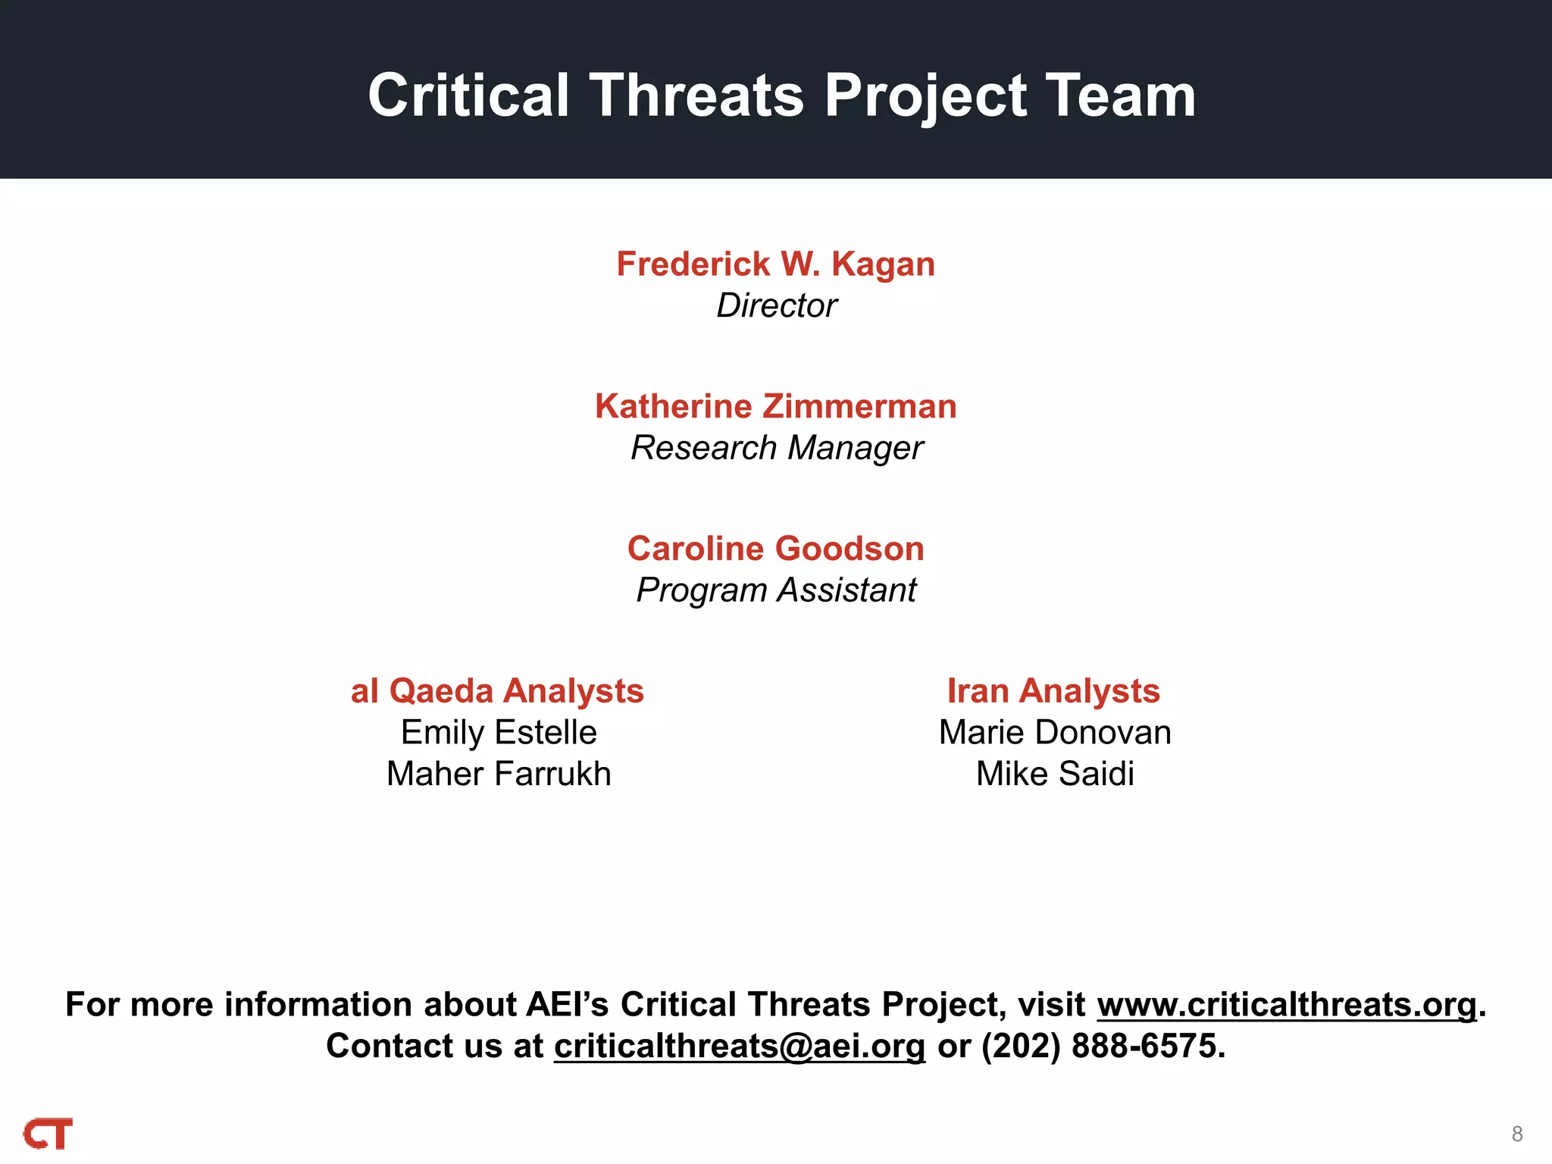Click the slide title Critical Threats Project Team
781,95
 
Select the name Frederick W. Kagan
775,264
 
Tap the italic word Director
776,305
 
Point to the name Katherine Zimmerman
775,406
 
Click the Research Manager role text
776,448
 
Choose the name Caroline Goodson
775,549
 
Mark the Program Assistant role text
776,590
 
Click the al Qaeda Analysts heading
497,691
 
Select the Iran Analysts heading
1053,691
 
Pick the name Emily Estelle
499,733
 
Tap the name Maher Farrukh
499,774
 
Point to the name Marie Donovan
1055,733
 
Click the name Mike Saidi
1055,774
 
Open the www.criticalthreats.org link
1287,1005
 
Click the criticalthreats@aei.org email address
740,1047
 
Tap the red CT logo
48,1134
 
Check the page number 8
1517,1134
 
